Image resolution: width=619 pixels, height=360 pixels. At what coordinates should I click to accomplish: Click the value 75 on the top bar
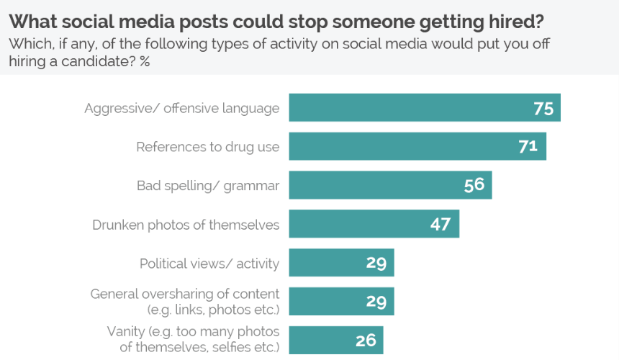[543, 109]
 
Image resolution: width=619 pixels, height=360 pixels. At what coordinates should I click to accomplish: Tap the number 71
[528, 147]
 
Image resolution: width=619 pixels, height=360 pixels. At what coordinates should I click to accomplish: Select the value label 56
[474, 186]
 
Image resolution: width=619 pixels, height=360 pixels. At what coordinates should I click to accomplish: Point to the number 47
[440, 224]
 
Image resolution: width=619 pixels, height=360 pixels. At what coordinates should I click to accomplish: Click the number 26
[366, 340]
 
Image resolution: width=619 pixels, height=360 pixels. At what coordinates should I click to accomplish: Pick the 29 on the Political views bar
[376, 263]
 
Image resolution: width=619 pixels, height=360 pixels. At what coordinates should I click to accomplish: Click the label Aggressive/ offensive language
[181, 109]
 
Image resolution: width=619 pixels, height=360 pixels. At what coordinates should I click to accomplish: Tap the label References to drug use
[208, 148]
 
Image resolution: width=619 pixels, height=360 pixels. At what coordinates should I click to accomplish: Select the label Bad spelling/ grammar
[208, 186]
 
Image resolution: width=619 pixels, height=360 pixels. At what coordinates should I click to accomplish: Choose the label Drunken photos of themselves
[186, 225]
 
